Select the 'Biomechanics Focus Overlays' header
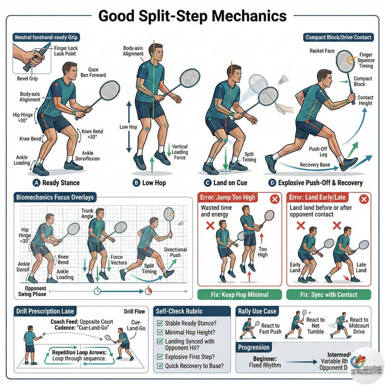click(55, 197)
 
